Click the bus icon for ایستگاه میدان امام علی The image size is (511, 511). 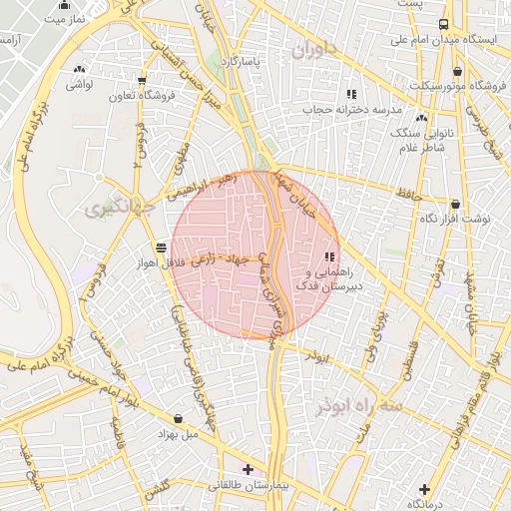pyautogui.click(x=442, y=25)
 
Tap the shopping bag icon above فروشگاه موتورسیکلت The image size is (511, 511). pyautogui.click(x=457, y=71)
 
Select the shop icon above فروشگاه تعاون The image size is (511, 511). pyautogui.click(x=142, y=81)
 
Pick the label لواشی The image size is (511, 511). pyautogui.click(x=79, y=85)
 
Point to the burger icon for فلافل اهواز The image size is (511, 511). pyautogui.click(x=161, y=247)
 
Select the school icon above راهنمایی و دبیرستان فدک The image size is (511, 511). pyautogui.click(x=329, y=256)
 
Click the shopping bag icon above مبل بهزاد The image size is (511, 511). pyautogui.click(x=178, y=418)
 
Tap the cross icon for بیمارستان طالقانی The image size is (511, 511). pyautogui.click(x=248, y=468)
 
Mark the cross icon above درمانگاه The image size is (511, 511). pyautogui.click(x=425, y=488)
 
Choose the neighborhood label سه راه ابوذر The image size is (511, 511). pyautogui.click(x=360, y=406)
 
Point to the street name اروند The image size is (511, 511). pyautogui.click(x=317, y=356)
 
